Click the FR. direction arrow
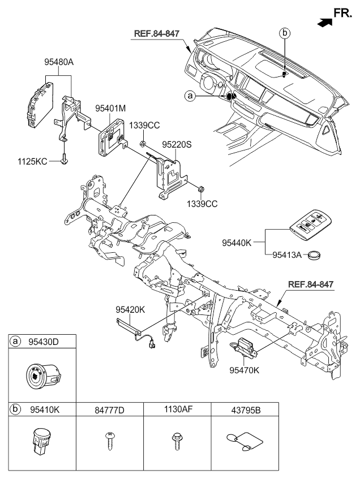[324, 23]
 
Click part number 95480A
[59, 62]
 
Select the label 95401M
[110, 109]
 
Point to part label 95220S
[177, 145]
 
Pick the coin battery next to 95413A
[314, 255]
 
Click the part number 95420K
[130, 310]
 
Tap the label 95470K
[245, 370]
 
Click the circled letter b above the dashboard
[285, 33]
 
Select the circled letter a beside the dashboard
[190, 96]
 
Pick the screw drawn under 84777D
[109, 441]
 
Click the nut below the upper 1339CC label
[142, 143]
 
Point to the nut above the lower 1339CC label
[200, 189]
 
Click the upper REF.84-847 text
[157, 33]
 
